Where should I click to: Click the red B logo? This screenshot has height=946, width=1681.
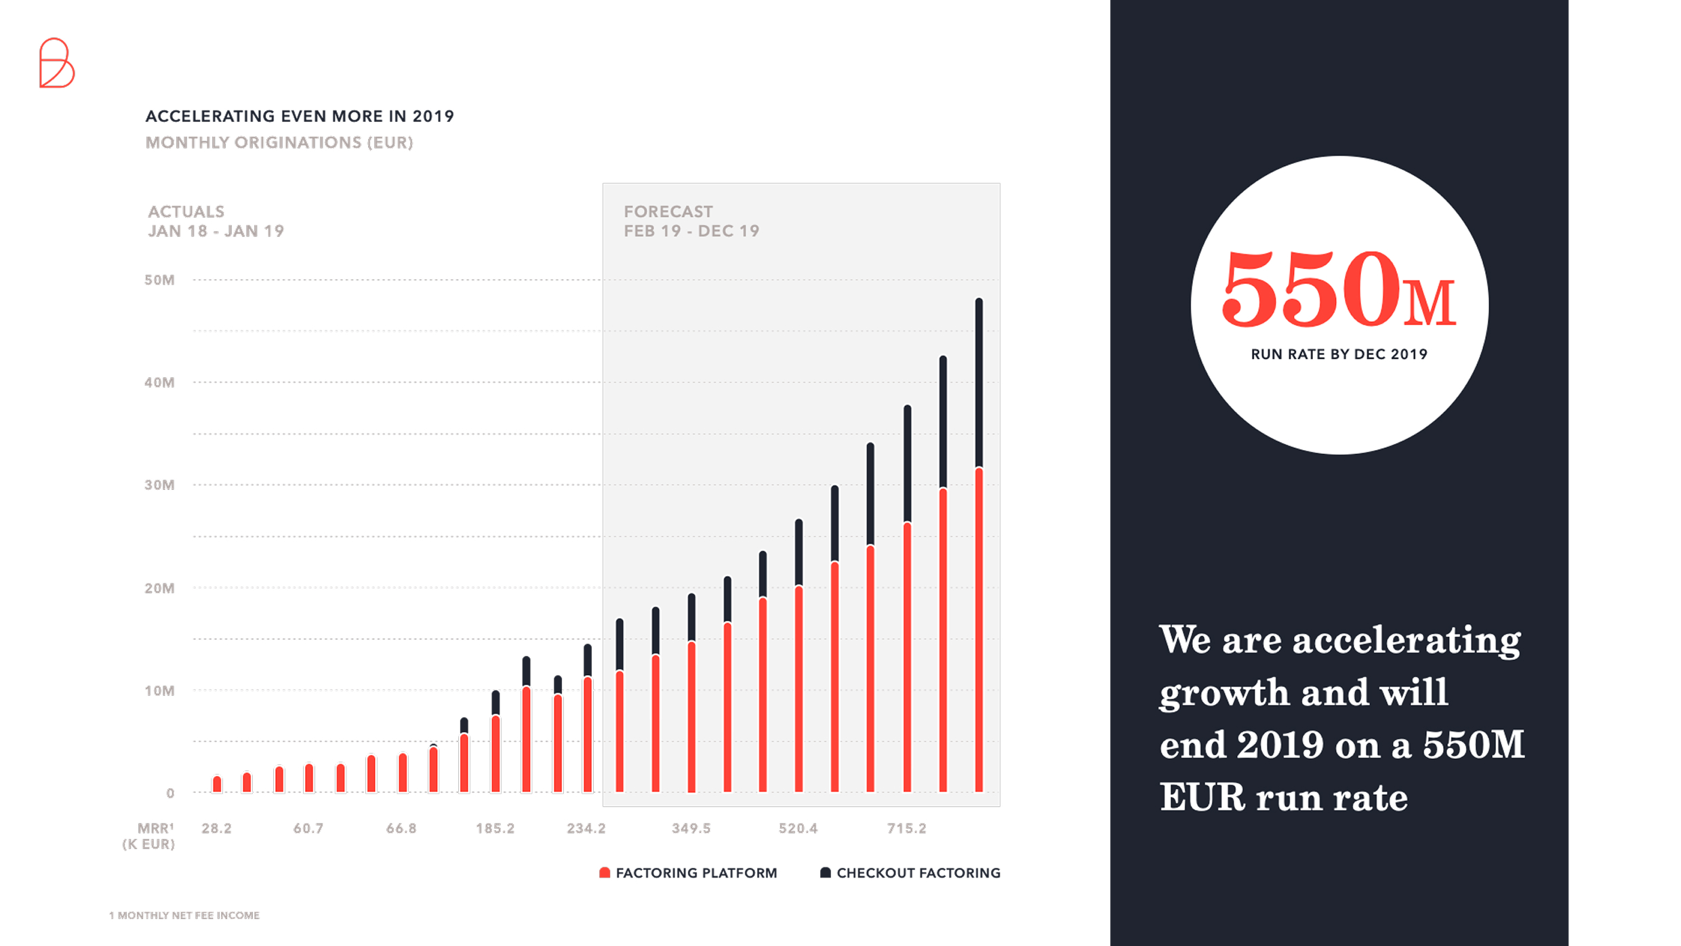(x=56, y=63)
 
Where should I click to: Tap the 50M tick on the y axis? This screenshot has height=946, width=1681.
(x=159, y=280)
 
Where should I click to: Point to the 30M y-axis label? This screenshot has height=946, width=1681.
(x=159, y=485)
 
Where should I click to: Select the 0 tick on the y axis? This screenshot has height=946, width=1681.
(x=170, y=793)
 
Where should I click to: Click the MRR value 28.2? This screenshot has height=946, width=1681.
(x=217, y=828)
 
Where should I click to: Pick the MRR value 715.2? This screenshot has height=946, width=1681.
(x=906, y=828)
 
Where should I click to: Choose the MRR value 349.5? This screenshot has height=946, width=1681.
(x=691, y=828)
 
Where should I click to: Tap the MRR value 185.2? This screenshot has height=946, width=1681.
(x=495, y=828)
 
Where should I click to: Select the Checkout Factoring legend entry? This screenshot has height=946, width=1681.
(x=910, y=873)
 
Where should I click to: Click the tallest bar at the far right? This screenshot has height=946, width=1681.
(x=979, y=542)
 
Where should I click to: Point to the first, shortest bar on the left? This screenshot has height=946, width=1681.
(x=217, y=784)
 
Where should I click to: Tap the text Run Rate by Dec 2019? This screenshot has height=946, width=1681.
(x=1339, y=354)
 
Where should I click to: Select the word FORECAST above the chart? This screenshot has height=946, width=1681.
(x=668, y=211)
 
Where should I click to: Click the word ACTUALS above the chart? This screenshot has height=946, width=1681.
(x=186, y=211)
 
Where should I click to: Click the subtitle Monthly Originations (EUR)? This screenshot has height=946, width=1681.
(x=279, y=143)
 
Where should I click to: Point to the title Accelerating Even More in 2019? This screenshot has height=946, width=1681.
(x=300, y=117)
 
